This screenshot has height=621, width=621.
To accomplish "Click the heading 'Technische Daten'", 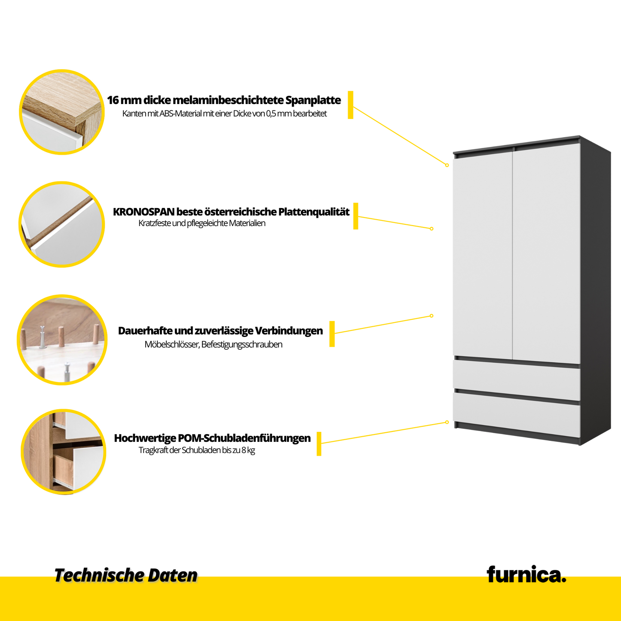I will pyautogui.click(x=125, y=575).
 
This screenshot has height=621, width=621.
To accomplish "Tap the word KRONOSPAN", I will pyautogui.click(x=144, y=212).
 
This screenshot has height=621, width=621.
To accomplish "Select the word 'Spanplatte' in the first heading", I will pyautogui.click(x=313, y=100).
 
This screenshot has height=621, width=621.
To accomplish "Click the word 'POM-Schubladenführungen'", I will pyautogui.click(x=244, y=438).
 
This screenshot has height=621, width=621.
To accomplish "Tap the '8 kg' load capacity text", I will pyautogui.click(x=248, y=450).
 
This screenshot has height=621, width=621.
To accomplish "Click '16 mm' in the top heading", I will pyautogui.click(x=124, y=100).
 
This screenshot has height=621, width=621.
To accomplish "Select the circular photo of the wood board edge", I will pyautogui.click(x=62, y=112).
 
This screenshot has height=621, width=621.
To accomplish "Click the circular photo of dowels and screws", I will pyautogui.click(x=62, y=340).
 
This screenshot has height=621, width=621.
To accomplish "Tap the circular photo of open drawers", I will pyautogui.click(x=64, y=451).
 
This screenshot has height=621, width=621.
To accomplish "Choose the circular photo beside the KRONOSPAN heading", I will pyautogui.click(x=62, y=224).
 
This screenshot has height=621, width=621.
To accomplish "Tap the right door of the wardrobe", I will pyautogui.click(x=546, y=254).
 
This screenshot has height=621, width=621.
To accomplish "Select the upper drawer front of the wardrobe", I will pyautogui.click(x=516, y=379).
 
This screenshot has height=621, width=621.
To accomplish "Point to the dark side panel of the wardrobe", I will pyautogui.click(x=595, y=292).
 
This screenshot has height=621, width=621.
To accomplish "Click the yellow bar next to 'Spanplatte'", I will pyautogui.click(x=350, y=105).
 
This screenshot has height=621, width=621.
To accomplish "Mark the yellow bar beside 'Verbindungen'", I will pyautogui.click(x=332, y=333).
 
